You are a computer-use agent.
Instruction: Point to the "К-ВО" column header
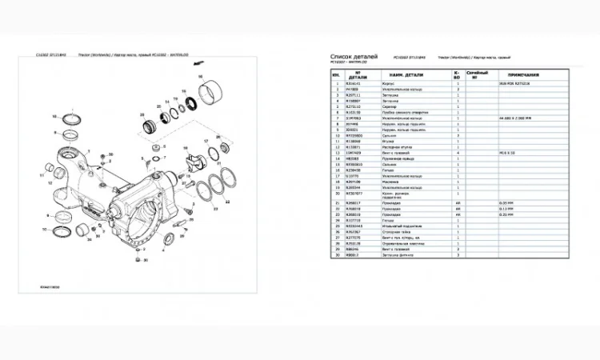[x=458, y=74]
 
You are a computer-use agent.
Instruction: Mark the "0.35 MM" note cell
[x=504, y=203]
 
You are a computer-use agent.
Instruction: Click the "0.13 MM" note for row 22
[x=504, y=209]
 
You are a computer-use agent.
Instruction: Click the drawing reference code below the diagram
[x=50, y=286]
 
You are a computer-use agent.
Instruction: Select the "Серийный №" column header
[x=477, y=74]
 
